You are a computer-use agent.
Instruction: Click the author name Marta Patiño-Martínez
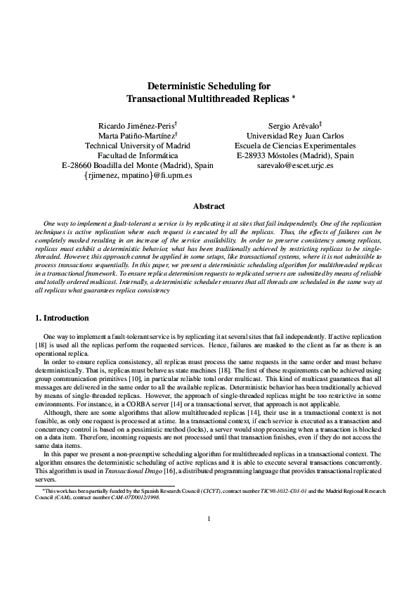136,136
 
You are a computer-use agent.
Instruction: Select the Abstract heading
209,206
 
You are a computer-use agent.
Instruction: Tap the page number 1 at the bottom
209,559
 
